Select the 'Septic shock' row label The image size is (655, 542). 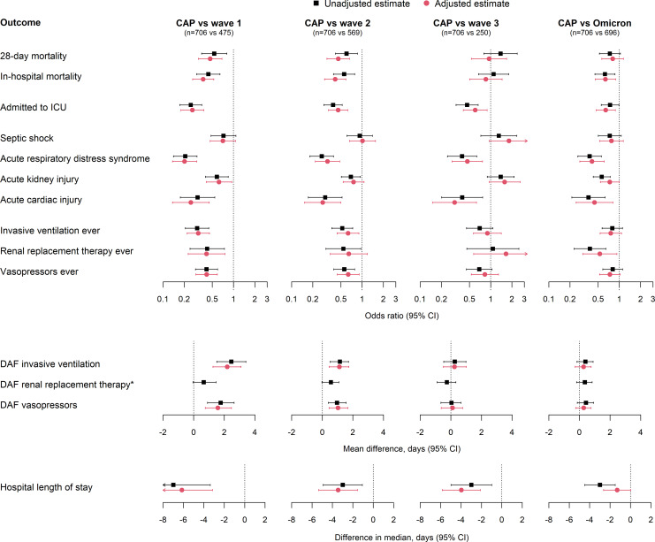click(x=27, y=138)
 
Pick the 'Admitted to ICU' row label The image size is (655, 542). click(x=34, y=107)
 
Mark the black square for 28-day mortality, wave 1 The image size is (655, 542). click(x=213, y=54)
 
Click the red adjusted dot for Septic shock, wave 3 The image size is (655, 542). click(x=509, y=141)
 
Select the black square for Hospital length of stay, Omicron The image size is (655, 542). click(x=600, y=485)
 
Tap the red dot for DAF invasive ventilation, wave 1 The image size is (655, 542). click(x=227, y=366)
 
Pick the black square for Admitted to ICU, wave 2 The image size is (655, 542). click(x=333, y=105)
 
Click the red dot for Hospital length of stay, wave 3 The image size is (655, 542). click(x=461, y=490)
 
